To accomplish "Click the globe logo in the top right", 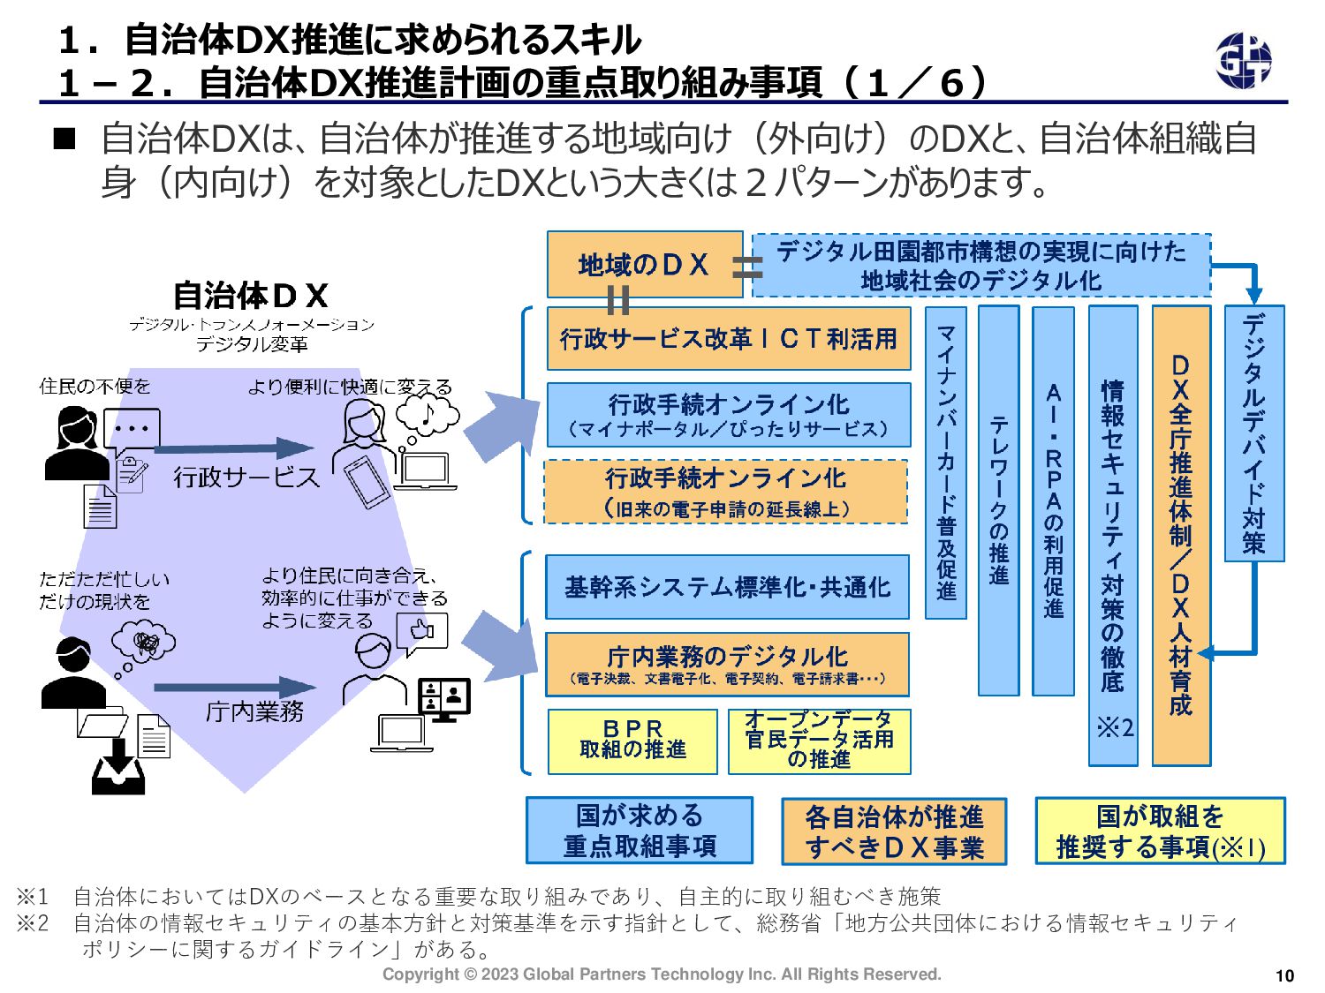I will tap(1243, 60).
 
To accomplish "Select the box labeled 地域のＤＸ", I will tap(644, 264).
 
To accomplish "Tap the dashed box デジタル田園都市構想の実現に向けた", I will tap(980, 265).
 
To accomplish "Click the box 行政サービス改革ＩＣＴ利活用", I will tap(728, 338).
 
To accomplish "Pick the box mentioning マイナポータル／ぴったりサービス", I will tap(728, 415).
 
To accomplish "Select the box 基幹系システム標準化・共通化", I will tap(727, 587).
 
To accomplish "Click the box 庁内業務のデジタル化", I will tap(727, 665).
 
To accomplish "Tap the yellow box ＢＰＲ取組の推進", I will tap(632, 741).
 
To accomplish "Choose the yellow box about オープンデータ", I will tap(819, 741).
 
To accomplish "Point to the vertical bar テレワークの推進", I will tap(999, 500).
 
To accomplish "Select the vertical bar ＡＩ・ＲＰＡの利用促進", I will tap(1053, 500).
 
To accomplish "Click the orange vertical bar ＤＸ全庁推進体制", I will tap(1181, 535).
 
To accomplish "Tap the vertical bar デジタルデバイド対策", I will tap(1253, 433).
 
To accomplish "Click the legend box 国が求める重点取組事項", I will tap(640, 831).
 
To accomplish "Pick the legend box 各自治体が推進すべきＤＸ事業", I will tap(894, 831).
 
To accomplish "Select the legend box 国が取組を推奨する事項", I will tap(1160, 831).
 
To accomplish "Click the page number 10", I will tap(1284, 975).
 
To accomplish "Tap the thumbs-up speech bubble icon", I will tap(423, 631).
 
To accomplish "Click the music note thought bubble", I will tap(428, 414).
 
